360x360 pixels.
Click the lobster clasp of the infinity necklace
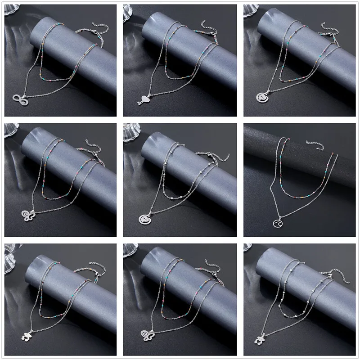95,34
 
